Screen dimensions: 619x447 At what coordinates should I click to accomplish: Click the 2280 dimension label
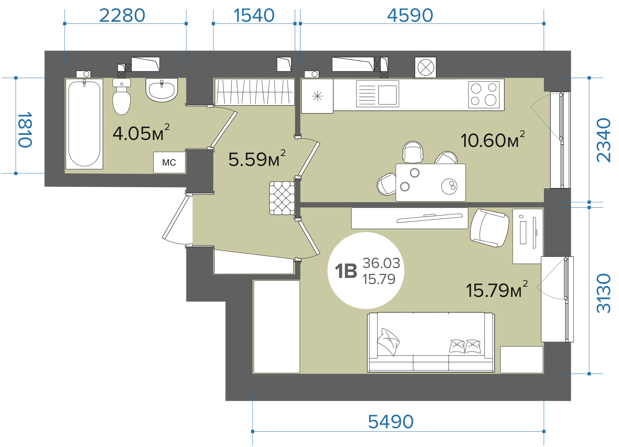point(122,15)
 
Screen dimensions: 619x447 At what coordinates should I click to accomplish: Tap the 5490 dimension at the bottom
point(390,422)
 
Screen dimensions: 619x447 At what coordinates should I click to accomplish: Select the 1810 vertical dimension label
point(25,130)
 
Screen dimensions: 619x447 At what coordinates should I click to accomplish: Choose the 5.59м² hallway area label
point(257,158)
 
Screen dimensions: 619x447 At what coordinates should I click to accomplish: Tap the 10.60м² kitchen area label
point(493,139)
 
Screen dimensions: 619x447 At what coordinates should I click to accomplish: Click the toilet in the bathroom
point(122,97)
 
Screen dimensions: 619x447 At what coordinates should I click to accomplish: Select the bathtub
point(84,124)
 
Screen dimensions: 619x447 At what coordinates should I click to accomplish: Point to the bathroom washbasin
point(162,90)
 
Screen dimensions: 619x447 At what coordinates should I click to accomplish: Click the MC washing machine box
point(169,162)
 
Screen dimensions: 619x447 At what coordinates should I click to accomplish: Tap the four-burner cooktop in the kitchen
point(484,95)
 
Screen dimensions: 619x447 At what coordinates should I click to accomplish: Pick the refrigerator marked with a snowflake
point(317,96)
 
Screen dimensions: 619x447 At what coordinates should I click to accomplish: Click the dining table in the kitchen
point(431,183)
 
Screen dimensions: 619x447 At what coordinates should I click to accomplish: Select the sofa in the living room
point(431,342)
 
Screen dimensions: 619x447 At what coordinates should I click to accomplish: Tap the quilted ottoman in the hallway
point(282,198)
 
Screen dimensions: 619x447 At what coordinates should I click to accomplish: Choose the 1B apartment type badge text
point(346,271)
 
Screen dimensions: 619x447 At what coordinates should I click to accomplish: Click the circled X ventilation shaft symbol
point(426,67)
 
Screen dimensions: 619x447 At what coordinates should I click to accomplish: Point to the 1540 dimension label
point(254,15)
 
